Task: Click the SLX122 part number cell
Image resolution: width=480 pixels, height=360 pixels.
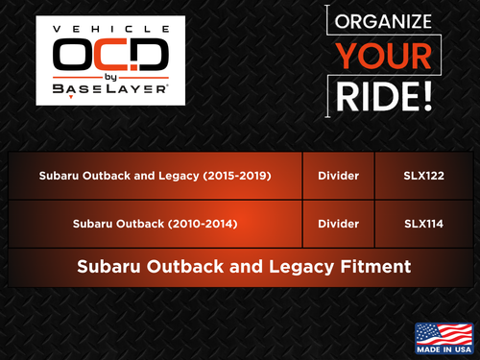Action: tap(423, 176)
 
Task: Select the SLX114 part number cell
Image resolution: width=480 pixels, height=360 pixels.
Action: tap(423, 225)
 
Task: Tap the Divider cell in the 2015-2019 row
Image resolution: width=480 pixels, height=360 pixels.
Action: tap(338, 176)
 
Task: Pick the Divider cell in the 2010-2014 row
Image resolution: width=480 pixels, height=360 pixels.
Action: tap(338, 225)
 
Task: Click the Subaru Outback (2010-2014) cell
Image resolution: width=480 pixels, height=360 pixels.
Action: tap(155, 225)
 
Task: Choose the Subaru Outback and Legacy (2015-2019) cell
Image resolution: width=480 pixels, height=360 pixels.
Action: tap(155, 176)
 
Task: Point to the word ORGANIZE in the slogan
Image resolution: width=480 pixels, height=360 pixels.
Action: tap(384, 23)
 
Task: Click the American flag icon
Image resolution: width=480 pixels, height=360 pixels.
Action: tap(443, 333)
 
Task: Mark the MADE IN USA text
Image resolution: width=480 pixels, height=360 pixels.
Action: tap(443, 351)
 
